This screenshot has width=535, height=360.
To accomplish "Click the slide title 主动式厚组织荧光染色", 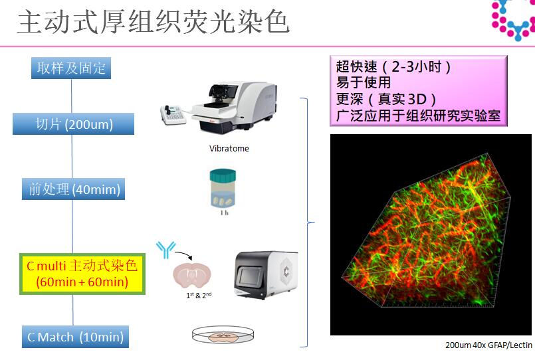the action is tap(154, 22).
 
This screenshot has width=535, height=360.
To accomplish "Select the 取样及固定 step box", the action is tap(71, 68).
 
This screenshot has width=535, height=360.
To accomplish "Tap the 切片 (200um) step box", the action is tap(73, 124).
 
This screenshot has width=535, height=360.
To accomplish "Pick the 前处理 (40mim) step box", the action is tap(73, 189).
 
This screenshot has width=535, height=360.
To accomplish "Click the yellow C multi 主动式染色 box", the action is tap(82, 274).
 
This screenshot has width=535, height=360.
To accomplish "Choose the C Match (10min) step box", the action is tap(75, 337).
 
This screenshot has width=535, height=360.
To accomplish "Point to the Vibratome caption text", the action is tap(229, 148).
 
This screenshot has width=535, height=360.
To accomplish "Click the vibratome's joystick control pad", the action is tap(173, 115).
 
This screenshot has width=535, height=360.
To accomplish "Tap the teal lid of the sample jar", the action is tap(223, 175).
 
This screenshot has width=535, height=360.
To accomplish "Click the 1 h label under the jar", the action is tap(224, 213).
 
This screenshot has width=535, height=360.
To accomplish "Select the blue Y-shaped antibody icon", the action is tap(166, 250).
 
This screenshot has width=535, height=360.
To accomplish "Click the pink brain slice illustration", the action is tap(192, 275).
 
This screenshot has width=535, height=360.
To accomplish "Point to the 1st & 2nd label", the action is tap(199, 295).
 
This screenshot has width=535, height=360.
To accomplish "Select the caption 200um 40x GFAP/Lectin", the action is tap(488, 345).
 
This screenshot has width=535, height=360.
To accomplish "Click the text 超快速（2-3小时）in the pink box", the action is tap(393, 67).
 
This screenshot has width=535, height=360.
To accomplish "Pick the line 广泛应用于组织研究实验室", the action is tap(418, 116).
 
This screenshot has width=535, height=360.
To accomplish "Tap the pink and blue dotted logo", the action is tap(513, 20).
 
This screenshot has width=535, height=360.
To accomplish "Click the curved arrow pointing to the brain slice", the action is tap(184, 254).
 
